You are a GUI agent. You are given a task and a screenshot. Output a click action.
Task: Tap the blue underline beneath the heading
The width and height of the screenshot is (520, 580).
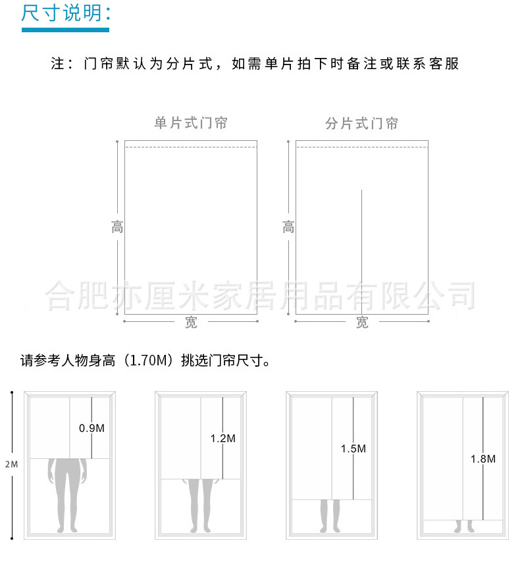[65, 30]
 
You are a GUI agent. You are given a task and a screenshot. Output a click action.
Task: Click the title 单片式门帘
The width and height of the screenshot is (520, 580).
[191, 123]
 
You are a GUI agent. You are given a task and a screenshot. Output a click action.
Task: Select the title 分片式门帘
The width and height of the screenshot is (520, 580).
[362, 123]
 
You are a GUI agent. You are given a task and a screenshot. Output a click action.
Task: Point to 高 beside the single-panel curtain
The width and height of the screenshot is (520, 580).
[117, 228]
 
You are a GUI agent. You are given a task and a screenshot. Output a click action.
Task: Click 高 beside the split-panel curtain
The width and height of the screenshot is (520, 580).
[288, 228]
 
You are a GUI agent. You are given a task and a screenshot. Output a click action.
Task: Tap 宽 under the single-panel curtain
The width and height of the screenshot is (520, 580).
[191, 322]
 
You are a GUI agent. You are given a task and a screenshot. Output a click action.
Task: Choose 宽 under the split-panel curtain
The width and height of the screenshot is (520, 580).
[362, 322]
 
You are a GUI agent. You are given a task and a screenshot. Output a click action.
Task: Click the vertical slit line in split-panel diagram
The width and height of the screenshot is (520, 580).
[362, 250]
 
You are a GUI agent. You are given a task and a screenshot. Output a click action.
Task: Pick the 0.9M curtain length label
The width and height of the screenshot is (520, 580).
[91, 428]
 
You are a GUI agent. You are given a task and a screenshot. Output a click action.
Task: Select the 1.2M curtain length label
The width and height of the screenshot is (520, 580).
[222, 438]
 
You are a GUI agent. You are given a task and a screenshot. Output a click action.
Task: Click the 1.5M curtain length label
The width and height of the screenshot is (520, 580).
[353, 448]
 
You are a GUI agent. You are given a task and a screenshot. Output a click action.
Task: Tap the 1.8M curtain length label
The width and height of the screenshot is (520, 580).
[482, 459]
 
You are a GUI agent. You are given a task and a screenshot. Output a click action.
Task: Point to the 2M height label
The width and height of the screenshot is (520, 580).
[11, 464]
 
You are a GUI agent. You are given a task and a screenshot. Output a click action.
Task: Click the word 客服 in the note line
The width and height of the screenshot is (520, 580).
[443, 64]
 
